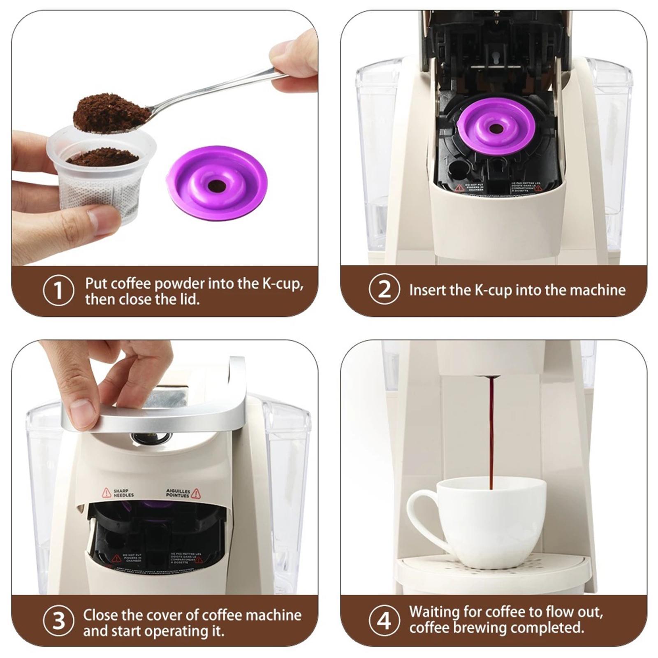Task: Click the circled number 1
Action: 58,290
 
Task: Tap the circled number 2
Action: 384,290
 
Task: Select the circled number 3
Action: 58,621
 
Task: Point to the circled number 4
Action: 384,621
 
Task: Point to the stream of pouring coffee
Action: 491,432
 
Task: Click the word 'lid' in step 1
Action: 190,299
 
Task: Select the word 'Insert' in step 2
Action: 428,290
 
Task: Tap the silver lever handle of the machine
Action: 164,419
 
